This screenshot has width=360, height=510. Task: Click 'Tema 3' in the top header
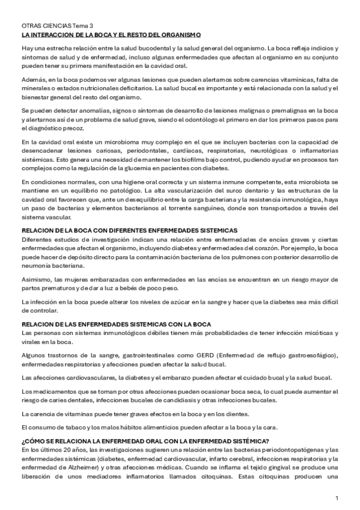pyautogui.click(x=84, y=26)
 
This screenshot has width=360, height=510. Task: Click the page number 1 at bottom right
pyautogui.click(x=337, y=499)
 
